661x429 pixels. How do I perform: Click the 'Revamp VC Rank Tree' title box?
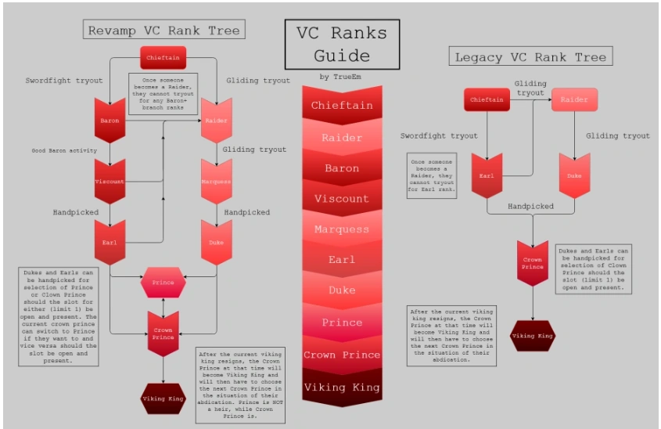point(163,30)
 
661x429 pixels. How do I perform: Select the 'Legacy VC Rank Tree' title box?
point(531,56)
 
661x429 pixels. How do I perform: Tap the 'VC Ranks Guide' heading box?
point(342,45)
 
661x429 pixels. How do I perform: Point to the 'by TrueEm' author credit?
point(341,77)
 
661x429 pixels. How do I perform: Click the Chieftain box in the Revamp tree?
point(163,57)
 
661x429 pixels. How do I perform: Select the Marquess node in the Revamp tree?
point(217,180)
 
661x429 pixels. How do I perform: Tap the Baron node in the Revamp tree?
point(110,120)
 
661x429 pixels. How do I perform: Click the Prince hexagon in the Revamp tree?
point(163,282)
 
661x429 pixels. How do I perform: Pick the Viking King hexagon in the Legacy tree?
point(533,336)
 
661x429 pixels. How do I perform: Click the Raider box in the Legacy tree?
point(574,99)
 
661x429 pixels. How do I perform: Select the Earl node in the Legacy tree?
point(487,175)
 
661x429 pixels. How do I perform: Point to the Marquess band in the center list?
point(342,229)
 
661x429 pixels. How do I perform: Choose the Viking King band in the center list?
point(342,387)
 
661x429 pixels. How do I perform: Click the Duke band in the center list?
point(342,290)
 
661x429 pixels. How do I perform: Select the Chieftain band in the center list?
point(342,106)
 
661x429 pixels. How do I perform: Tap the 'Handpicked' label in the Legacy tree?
point(531,207)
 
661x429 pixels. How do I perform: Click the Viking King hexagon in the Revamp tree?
point(163,398)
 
